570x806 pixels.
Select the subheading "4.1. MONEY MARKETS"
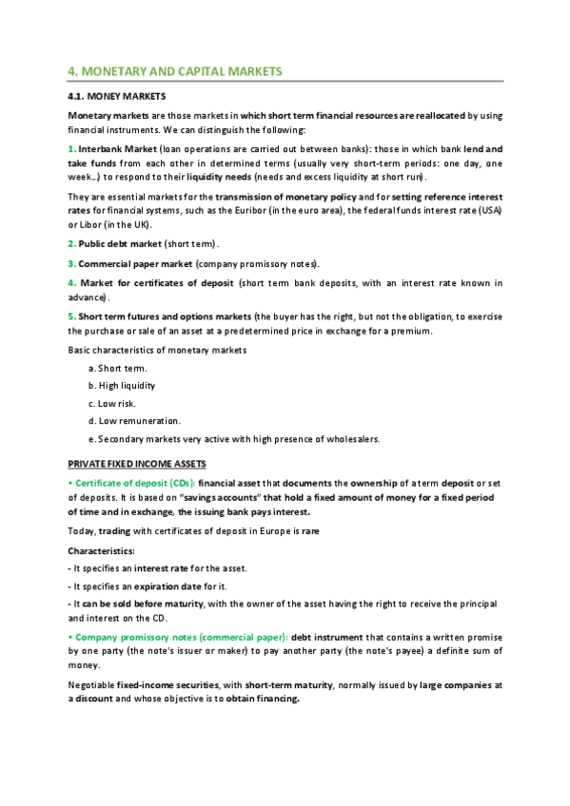pyautogui.click(x=117, y=97)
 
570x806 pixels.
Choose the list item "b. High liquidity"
pyautogui.click(x=121, y=386)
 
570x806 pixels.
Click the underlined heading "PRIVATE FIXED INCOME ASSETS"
pyautogui.click(x=137, y=464)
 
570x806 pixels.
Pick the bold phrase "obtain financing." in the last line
pyautogui.click(x=263, y=699)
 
